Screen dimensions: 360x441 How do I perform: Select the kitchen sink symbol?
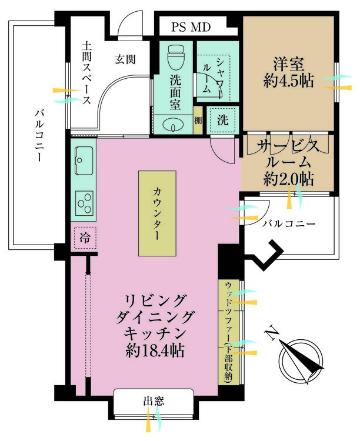pos(84,161)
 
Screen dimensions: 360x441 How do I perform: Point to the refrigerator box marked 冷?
pos(85,238)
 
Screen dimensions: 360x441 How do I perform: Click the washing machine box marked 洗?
pos(222,120)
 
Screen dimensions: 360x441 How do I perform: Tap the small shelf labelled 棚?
pos(198,121)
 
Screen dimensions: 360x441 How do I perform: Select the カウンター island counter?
pos(157,213)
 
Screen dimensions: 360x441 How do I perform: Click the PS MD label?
pos(191,27)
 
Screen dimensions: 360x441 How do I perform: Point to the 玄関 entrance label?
pos(125,59)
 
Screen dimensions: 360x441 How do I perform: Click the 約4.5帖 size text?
pos(288,81)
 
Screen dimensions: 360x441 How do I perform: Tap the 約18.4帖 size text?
pos(155,350)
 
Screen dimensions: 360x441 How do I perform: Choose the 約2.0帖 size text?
pos(288,179)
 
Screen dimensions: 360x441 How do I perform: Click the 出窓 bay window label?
pos(154,401)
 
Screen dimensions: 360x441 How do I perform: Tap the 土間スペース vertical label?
pos(86,73)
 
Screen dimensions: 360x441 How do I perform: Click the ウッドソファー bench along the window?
pos(229,332)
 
